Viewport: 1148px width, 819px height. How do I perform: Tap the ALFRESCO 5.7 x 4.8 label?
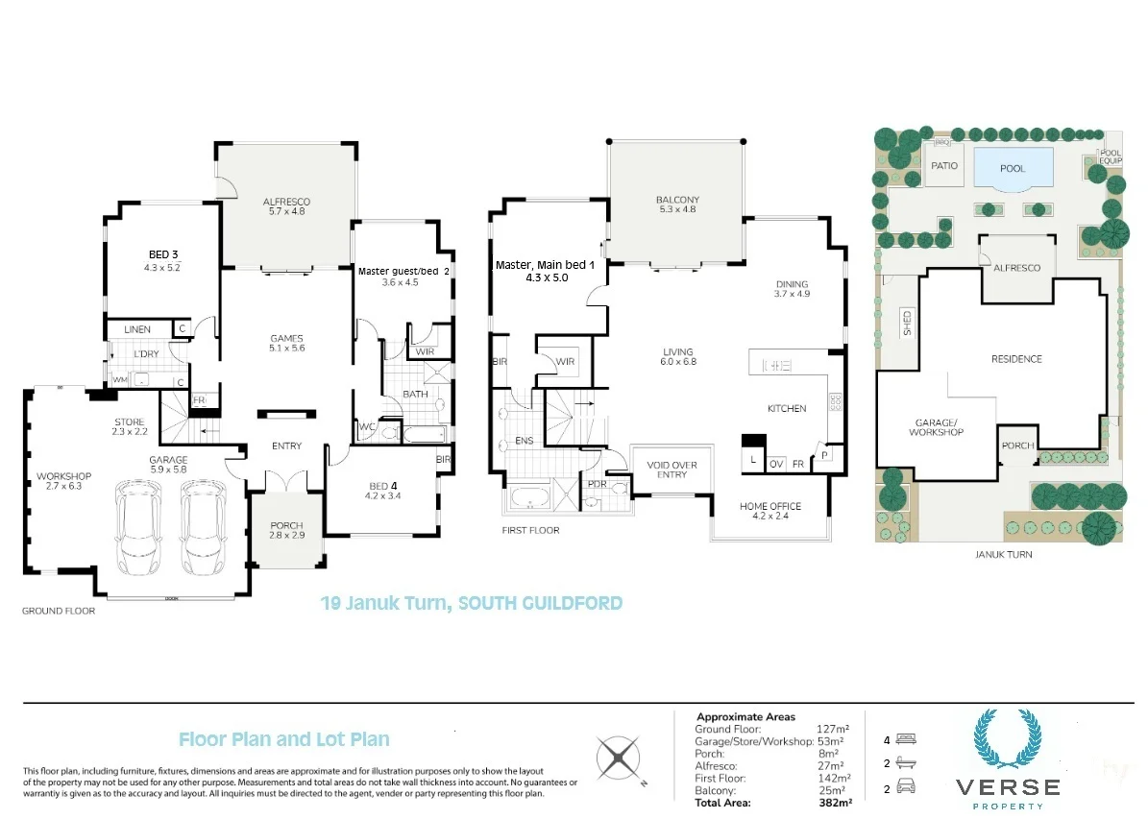pyautogui.click(x=286, y=206)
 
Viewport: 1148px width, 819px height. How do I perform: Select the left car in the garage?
pyautogui.click(x=139, y=527)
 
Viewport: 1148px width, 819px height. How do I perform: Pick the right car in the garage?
pyautogui.click(x=203, y=527)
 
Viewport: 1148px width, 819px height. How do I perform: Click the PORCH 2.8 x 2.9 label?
pyautogui.click(x=286, y=530)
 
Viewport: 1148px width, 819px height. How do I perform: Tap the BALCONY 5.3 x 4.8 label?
pyautogui.click(x=677, y=205)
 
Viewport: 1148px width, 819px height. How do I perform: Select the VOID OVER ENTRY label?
pyautogui.click(x=672, y=470)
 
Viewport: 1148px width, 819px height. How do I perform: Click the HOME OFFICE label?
pyautogui.click(x=770, y=506)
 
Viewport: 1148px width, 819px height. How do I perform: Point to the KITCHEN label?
pyautogui.click(x=787, y=408)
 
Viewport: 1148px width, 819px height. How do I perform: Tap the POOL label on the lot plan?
pyautogui.click(x=1013, y=168)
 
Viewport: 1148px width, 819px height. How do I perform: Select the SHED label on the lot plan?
pyautogui.click(x=907, y=323)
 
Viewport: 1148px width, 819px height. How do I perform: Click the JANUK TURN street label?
pyautogui.click(x=1004, y=554)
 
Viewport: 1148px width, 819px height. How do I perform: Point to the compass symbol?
pyautogui.click(x=619, y=758)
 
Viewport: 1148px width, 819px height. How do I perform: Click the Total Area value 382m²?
pyautogui.click(x=835, y=803)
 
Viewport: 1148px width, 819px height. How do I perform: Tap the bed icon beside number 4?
pyautogui.click(x=906, y=739)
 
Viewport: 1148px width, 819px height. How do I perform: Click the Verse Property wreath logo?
pyautogui.click(x=1008, y=739)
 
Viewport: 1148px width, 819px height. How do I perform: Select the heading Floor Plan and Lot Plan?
pyautogui.click(x=284, y=739)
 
